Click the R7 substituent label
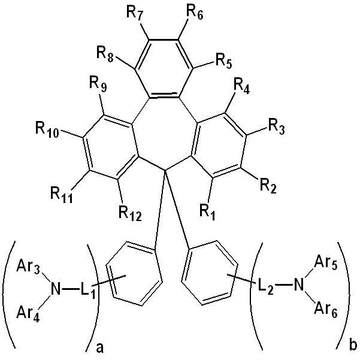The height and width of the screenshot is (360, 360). click(135, 13)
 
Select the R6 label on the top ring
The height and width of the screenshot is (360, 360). click(195, 13)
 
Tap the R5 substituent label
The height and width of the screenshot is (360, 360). click(224, 62)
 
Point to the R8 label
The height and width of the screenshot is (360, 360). click(105, 55)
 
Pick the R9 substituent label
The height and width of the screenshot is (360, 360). click(98, 84)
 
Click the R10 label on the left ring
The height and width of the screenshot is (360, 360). click(47, 131)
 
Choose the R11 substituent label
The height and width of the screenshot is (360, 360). click(62, 196)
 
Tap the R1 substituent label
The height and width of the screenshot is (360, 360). click(207, 213)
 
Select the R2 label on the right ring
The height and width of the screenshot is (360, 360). click(268, 186)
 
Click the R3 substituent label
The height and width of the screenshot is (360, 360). click(277, 127)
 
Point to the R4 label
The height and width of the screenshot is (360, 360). click(241, 87)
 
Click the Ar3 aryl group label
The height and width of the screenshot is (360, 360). click(28, 268)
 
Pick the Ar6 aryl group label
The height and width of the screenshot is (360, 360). click(326, 310)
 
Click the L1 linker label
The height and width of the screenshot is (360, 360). click(87, 291)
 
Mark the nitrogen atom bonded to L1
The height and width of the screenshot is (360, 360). click(55, 289)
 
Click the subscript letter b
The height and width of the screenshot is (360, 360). click(353, 345)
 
